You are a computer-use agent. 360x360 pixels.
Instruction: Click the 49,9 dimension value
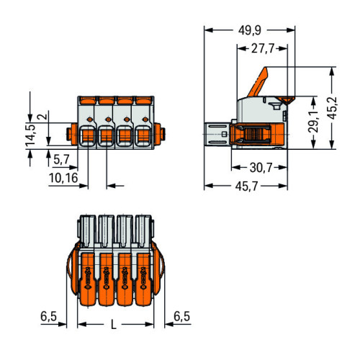(x=249, y=30)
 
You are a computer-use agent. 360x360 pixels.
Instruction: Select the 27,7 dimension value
(x=263, y=49)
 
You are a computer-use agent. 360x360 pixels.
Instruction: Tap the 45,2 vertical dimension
(x=333, y=108)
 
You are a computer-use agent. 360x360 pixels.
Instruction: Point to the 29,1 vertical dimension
(x=313, y=122)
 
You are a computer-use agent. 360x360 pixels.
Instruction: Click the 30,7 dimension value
(x=261, y=168)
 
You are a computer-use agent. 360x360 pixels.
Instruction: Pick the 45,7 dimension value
(x=246, y=186)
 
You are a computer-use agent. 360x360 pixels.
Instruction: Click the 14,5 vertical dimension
(x=30, y=135)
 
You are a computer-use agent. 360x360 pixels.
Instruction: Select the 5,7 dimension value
(x=61, y=159)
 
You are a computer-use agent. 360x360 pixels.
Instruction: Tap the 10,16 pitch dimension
(x=63, y=178)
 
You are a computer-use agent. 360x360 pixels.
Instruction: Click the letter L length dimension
(x=114, y=325)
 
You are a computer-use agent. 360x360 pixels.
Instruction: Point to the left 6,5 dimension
(x=48, y=316)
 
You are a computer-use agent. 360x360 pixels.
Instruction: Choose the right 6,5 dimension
(x=181, y=316)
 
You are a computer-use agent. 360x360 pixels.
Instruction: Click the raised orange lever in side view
(x=258, y=82)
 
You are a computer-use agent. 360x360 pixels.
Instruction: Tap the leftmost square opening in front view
(x=88, y=135)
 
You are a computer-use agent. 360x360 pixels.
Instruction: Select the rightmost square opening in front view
(x=143, y=135)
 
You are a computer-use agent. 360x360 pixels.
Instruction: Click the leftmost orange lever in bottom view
(x=88, y=279)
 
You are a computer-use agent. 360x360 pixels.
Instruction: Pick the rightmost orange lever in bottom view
(x=143, y=279)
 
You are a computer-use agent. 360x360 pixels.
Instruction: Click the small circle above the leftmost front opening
(x=89, y=120)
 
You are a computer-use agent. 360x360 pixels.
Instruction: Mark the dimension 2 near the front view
(x=42, y=117)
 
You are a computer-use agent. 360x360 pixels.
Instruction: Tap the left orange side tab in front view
(x=72, y=135)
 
